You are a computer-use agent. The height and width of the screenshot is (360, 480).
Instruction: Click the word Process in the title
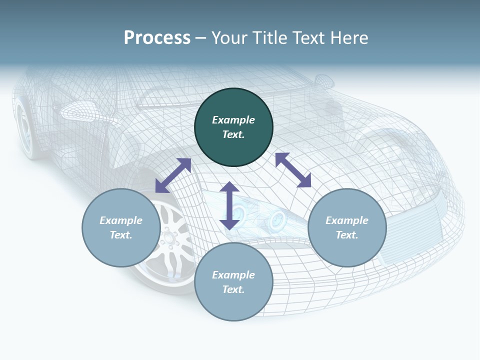tap(157, 38)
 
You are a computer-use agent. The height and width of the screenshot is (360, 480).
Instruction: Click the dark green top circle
tap(233, 127)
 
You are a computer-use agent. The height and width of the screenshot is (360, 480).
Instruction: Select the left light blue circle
tap(121, 228)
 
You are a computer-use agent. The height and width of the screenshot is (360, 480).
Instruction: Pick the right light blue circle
tap(347, 228)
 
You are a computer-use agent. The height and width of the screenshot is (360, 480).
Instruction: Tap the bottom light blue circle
tap(233, 282)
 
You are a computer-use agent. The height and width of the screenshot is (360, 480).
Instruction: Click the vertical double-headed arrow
tap(229, 205)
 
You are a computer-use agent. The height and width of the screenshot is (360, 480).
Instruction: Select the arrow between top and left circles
tap(173, 175)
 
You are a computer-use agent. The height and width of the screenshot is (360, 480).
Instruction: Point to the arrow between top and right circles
tap(293, 170)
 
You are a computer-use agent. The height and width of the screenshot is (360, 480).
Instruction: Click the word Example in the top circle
tap(233, 120)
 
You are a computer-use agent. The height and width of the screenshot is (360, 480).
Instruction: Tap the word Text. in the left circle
tap(121, 235)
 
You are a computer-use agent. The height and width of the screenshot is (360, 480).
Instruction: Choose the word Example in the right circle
tap(347, 220)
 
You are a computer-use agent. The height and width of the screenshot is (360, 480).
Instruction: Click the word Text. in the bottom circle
tap(233, 289)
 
